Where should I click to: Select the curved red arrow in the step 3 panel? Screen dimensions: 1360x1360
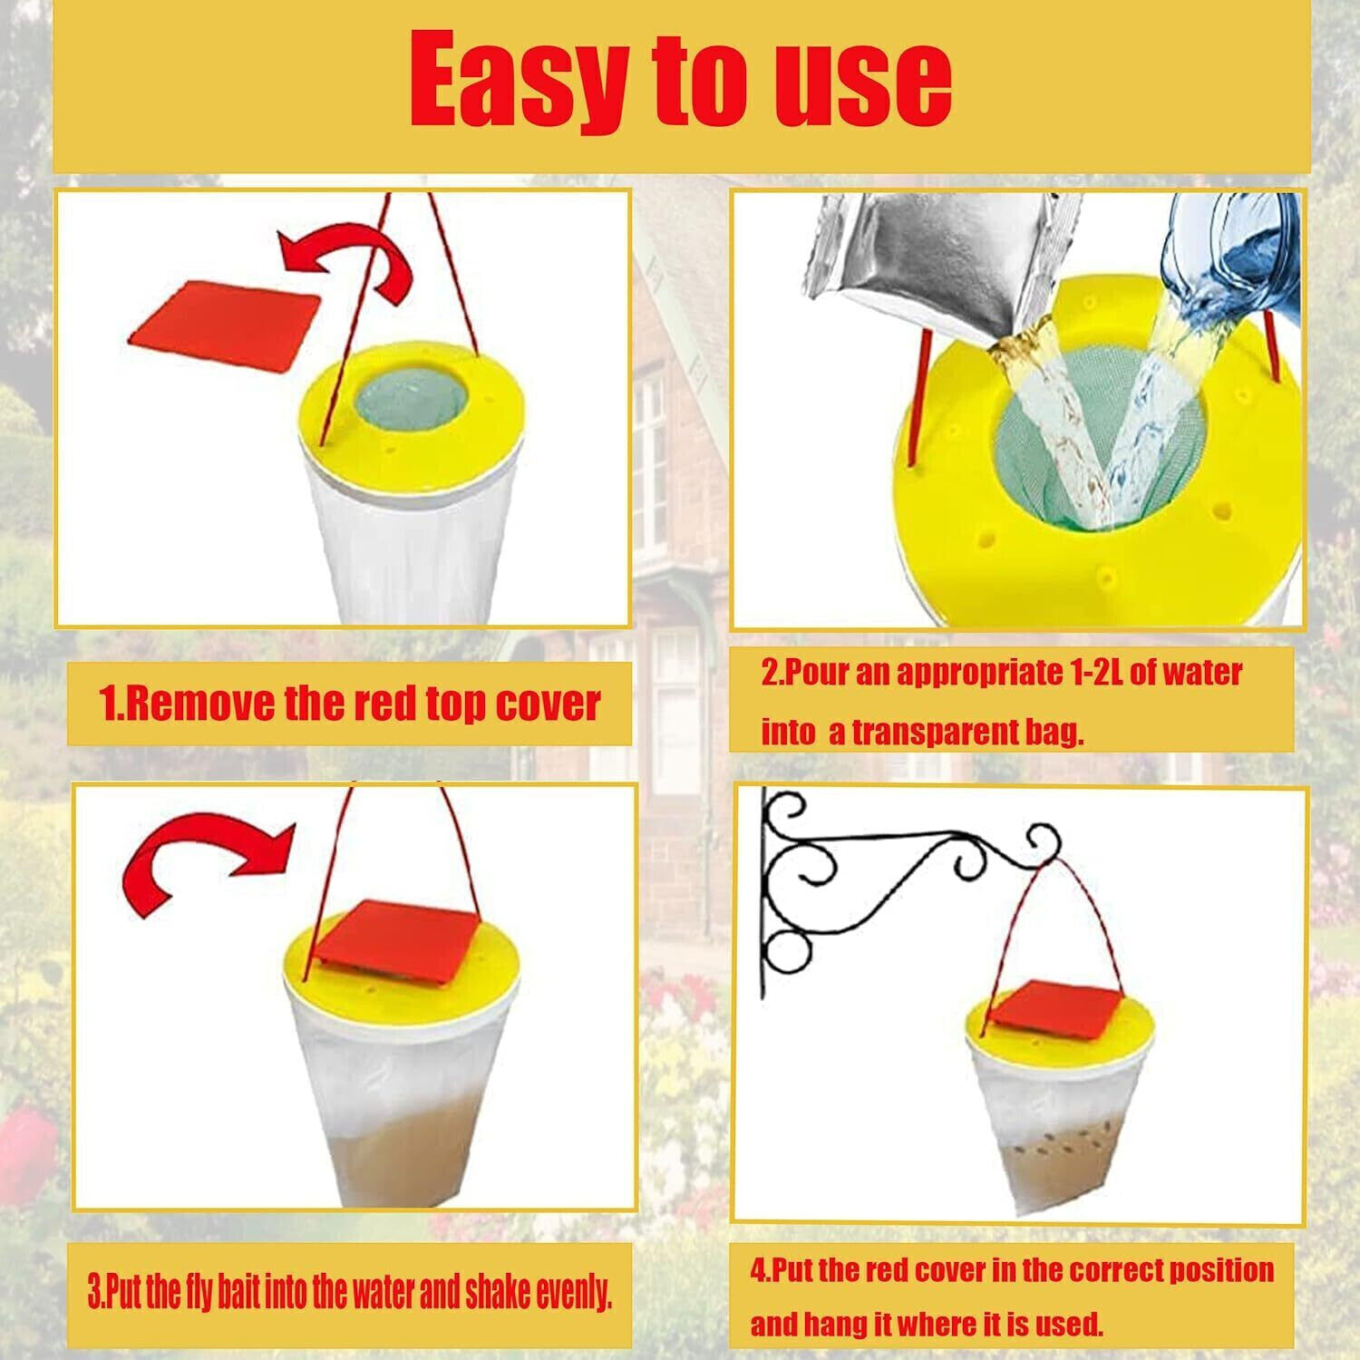click(209, 861)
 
